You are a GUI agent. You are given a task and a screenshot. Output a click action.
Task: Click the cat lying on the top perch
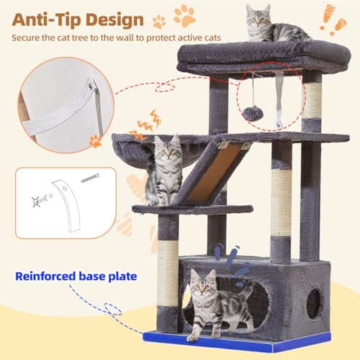(x=274, y=25)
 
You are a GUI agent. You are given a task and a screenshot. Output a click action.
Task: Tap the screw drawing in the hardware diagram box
(x=91, y=177)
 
